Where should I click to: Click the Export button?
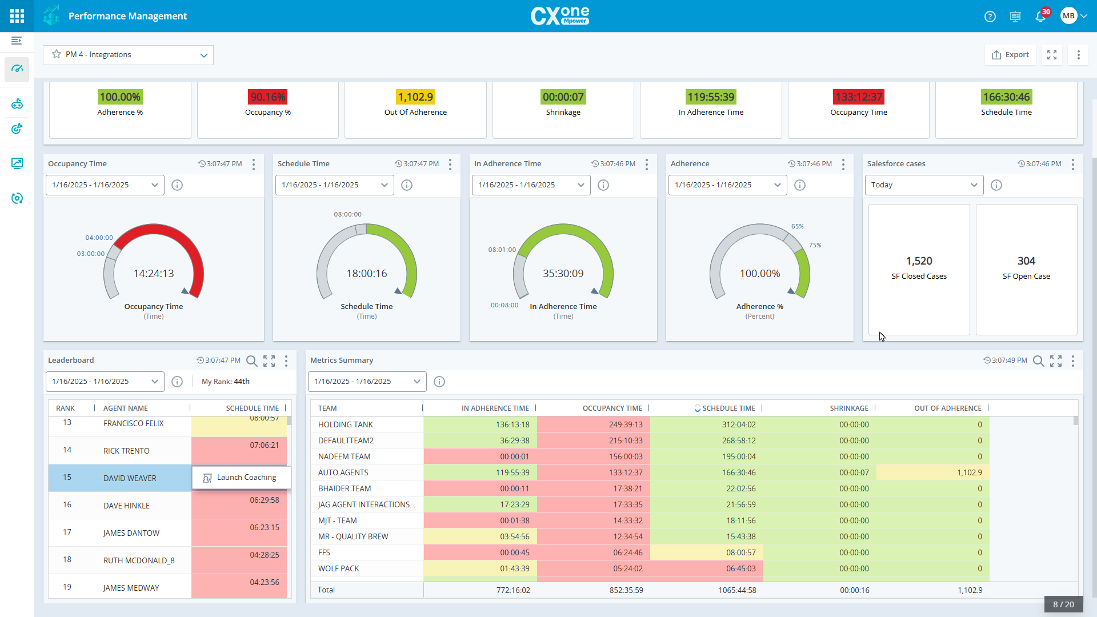pos(1010,55)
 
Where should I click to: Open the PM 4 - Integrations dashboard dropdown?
pos(128,55)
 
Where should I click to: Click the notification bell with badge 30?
pos(1040,17)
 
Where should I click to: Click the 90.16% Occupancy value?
pos(268,97)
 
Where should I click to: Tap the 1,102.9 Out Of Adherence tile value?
pos(415,97)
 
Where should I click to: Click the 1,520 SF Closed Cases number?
pos(919,261)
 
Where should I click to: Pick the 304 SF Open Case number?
pos(1026,261)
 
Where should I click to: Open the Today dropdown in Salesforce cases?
pos(924,185)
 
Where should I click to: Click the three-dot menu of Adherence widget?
pos(843,165)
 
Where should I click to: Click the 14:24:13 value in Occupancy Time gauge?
pos(154,274)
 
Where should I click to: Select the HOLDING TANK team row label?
pos(346,424)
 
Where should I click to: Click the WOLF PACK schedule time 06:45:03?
pos(740,568)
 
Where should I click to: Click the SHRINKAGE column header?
pos(848,408)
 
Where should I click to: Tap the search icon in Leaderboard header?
pos(251,361)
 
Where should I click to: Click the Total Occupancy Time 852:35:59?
pos(626,590)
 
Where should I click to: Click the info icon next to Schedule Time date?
pos(407,185)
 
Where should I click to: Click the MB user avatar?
pos(1068,16)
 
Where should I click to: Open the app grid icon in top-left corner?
pos(17,16)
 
